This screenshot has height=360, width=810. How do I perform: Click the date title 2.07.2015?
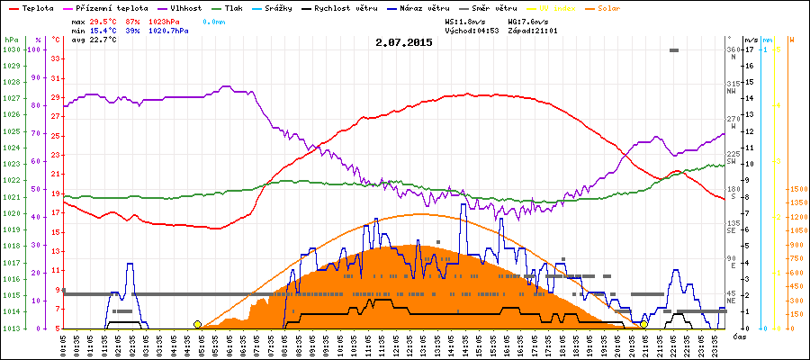coord(404,42)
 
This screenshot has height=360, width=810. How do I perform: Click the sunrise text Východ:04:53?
coord(473,30)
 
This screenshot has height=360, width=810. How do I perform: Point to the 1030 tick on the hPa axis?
coord(12,49)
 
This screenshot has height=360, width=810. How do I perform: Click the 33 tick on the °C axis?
coord(56,58)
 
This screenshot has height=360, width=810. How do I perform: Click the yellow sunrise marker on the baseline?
coord(197,324)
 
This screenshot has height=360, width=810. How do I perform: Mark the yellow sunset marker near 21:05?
coord(644,324)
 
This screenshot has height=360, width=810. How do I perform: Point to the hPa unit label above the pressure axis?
coord(10,40)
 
